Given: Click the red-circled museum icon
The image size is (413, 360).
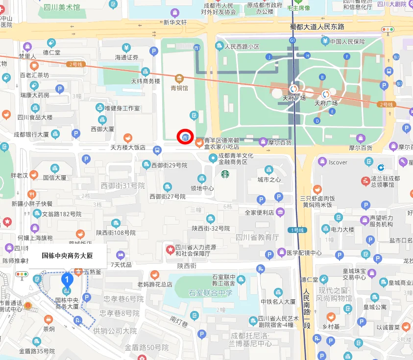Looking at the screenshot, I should [186, 137].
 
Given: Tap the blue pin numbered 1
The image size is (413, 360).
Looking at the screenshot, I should [67, 280].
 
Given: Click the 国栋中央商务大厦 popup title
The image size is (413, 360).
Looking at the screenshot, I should [67, 256].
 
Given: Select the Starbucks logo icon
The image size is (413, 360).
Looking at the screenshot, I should [225, 174].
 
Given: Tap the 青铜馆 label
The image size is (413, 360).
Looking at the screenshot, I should [179, 88].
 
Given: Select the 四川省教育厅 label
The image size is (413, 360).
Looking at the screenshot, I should [257, 237].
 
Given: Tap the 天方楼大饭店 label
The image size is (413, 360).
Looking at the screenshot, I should [128, 147].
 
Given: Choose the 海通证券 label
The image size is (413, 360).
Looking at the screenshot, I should [127, 57].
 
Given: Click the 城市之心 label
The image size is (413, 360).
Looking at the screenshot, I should [269, 180].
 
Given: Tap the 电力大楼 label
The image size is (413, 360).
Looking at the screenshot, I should [342, 229].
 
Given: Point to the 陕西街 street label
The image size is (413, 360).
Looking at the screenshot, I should [187, 265].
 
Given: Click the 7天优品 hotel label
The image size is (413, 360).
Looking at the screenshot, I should [121, 264].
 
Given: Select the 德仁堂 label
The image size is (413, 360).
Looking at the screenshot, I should [51, 52].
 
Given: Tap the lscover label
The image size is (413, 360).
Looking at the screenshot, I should [338, 162].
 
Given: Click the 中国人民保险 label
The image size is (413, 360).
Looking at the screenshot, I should [347, 42].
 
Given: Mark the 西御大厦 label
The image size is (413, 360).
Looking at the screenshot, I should [102, 129].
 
